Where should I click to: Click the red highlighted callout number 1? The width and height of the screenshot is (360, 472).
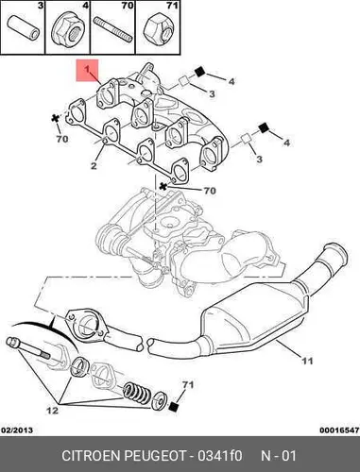click(x=87, y=69)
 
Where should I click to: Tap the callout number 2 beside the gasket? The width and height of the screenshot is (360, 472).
click(x=94, y=165)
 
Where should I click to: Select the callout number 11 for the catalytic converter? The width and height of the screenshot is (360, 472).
click(x=307, y=361)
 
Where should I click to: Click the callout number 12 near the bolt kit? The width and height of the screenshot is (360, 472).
click(x=52, y=411)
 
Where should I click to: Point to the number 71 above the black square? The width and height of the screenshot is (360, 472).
click(x=188, y=384)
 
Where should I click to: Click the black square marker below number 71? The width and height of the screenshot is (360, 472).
click(x=174, y=407)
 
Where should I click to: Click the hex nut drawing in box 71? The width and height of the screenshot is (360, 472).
click(x=156, y=27)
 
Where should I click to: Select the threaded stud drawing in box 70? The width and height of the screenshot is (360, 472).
click(x=112, y=29)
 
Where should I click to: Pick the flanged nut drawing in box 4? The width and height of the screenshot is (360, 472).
click(x=67, y=28)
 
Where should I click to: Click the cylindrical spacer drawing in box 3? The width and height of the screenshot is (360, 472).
click(x=24, y=28)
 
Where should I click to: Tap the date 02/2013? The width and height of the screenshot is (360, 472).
click(x=17, y=430)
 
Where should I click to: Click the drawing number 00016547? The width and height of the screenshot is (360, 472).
click(x=339, y=430)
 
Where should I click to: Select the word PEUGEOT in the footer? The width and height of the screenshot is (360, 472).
click(x=156, y=456)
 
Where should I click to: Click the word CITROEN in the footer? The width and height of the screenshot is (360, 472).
click(x=92, y=456)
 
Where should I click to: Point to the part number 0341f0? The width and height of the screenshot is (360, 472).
click(x=219, y=456)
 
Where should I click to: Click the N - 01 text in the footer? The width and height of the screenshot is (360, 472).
click(x=279, y=456)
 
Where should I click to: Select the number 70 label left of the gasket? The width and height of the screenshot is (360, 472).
click(x=62, y=139)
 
